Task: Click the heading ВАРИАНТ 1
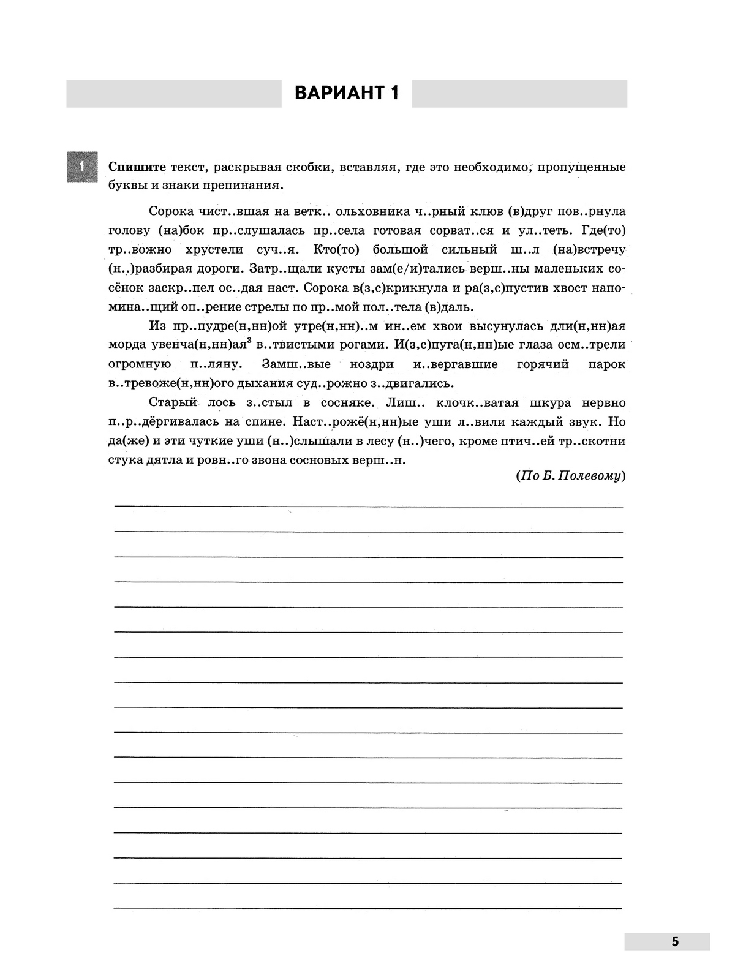(x=347, y=93)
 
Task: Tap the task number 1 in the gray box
(x=81, y=166)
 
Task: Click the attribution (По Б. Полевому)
(x=570, y=475)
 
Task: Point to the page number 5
(x=674, y=941)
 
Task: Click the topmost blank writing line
(x=367, y=506)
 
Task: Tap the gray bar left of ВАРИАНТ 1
(x=173, y=94)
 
